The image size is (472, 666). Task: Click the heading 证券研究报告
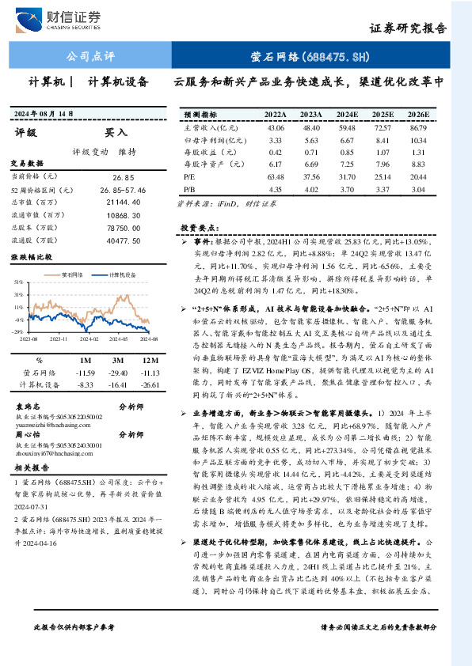tap(409, 28)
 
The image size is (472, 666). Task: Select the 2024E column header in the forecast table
tap(345, 115)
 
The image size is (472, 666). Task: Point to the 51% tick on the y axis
tap(17, 282)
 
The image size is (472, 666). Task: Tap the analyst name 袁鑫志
tap(29, 406)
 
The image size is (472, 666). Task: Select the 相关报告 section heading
tap(31, 467)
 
